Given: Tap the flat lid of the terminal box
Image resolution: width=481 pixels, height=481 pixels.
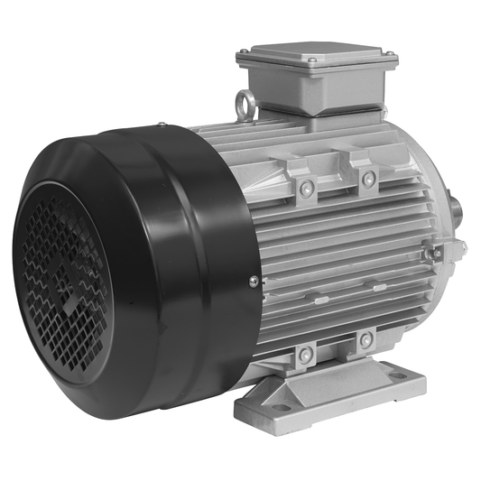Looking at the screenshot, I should pos(316,58).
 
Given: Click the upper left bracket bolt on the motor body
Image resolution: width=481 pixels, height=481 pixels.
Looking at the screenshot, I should pos(307,188).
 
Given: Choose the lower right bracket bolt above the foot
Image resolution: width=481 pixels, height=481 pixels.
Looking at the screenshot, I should pos(365,340).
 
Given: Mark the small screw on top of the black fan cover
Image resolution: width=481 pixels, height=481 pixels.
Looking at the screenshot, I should pos(160,125).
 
